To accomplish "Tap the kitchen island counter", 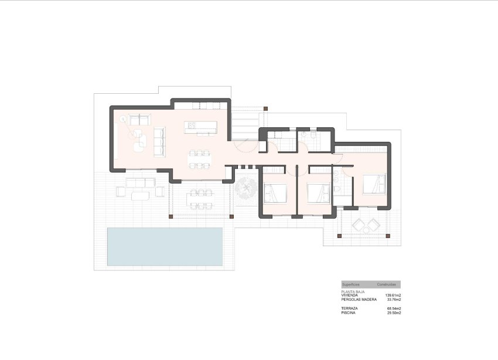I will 200,127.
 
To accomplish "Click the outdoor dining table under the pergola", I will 200,198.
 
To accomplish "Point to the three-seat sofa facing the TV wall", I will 159,141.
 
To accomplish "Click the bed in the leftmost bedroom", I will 275,192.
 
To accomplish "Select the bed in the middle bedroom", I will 317,192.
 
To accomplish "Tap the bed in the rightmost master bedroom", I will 374,184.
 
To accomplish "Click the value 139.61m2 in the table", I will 393,295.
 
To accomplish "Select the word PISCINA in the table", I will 348,313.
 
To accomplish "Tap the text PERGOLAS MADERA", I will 359,299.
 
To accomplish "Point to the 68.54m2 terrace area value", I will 393,308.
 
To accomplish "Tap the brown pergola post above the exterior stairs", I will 265,108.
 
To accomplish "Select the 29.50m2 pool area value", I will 393,313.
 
